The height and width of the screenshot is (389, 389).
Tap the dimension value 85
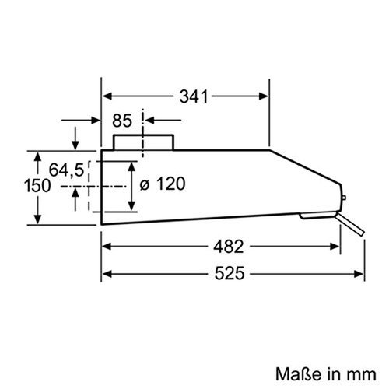pos(121,121)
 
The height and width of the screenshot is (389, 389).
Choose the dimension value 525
pos(231,273)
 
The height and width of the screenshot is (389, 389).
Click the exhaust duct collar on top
pos(143,142)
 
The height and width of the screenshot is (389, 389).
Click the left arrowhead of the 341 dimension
pos(109,96)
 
